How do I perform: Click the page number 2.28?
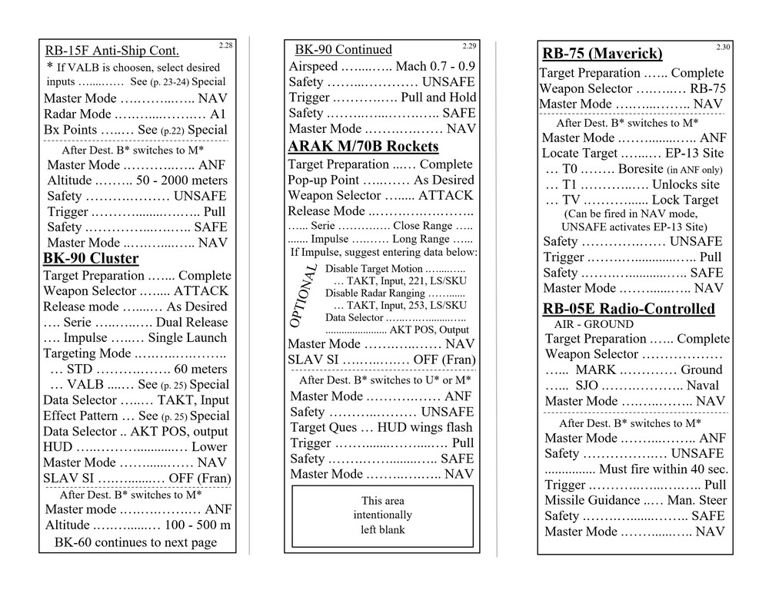pyautogui.click(x=225, y=46)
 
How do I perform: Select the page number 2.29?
pyautogui.click(x=469, y=46)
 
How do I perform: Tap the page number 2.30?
pyautogui.click(x=723, y=48)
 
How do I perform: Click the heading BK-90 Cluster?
pyautogui.click(x=91, y=258)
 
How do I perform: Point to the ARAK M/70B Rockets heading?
pyautogui.click(x=363, y=147)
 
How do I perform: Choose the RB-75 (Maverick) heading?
pyautogui.click(x=602, y=54)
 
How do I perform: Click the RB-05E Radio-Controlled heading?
pyautogui.click(x=628, y=309)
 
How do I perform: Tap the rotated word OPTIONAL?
pyautogui.click(x=305, y=296)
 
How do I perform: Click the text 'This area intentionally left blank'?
pyautogui.click(x=382, y=515)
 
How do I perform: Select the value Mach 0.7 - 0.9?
pyautogui.click(x=435, y=66)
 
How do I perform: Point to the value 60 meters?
pyautogui.click(x=195, y=369)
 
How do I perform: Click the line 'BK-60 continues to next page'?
pyautogui.click(x=135, y=542)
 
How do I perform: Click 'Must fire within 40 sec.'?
pyautogui.click(x=663, y=469)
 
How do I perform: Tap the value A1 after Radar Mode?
pyautogui.click(x=218, y=114)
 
